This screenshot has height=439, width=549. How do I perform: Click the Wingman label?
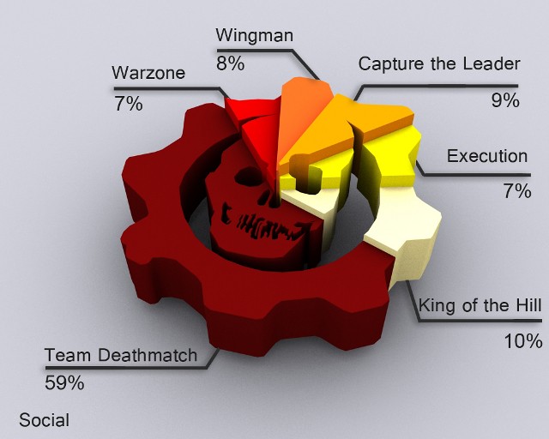[254, 35]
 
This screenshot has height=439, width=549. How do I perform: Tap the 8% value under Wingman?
[230, 63]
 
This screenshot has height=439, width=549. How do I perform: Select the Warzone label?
[148, 73]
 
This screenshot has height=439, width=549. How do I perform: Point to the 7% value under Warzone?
[129, 104]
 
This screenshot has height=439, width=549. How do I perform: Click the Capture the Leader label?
[439, 63]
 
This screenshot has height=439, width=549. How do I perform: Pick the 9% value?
[505, 100]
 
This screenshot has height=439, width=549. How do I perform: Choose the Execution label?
[487, 156]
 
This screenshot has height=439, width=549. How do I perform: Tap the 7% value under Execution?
[517, 191]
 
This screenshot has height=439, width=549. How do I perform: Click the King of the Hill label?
[480, 305]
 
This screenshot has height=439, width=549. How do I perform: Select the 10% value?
[523, 340]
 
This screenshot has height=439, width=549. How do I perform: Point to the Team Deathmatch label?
[121, 355]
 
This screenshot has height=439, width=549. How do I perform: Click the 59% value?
[64, 383]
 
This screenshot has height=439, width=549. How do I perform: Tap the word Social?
[44, 420]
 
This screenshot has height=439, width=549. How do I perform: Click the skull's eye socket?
[248, 176]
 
